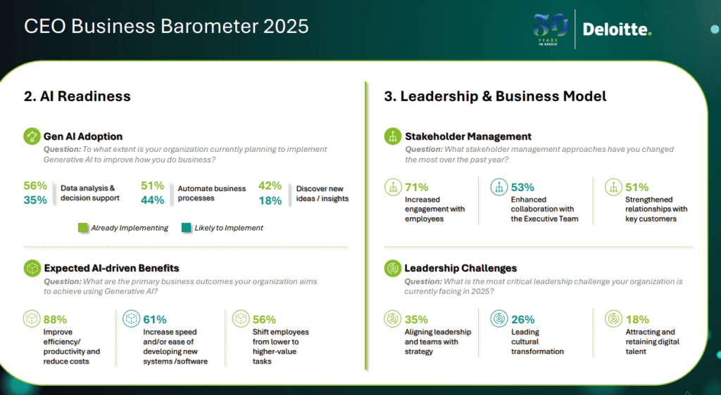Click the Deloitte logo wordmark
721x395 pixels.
(617, 30)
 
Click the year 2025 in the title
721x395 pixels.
(286, 26)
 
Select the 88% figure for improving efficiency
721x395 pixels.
(55, 319)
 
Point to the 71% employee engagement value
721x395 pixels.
(417, 187)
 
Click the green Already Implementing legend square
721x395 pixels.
(83, 228)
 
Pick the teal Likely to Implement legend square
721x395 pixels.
(186, 228)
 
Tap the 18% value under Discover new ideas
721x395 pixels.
(270, 200)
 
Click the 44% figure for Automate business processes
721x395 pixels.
(153, 200)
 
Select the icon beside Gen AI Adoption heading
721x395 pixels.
(32, 136)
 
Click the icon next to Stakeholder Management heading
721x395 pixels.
(393, 136)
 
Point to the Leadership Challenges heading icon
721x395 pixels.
(393, 268)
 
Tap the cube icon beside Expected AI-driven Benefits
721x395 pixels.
(32, 268)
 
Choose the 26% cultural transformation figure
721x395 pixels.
(523, 319)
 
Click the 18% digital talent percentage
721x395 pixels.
(637, 319)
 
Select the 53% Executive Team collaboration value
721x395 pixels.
(522, 187)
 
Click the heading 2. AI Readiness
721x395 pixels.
(77, 96)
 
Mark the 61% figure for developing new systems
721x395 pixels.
(154, 319)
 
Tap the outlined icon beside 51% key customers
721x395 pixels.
(613, 187)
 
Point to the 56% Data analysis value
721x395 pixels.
(35, 186)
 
